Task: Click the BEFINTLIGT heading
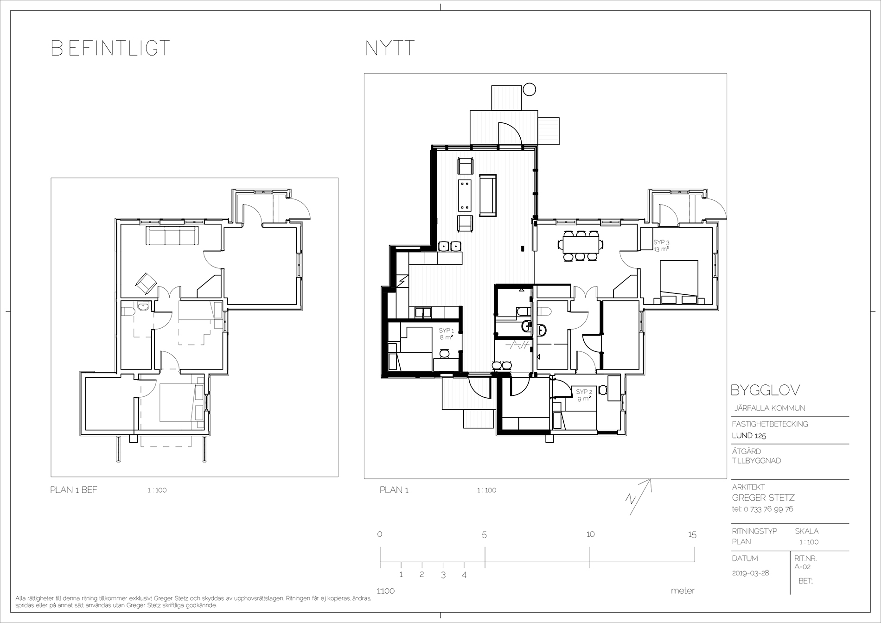110,48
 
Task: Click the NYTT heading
390,48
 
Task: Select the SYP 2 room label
584,395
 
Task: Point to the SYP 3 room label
662,246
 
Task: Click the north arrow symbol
639,496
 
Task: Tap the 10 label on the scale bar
590,534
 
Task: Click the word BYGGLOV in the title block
765,390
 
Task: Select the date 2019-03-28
750,573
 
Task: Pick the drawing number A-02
803,566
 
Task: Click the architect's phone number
762,509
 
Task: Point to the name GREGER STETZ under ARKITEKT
763,498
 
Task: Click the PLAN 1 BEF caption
74,490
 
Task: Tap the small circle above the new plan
530,89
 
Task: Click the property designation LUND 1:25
749,436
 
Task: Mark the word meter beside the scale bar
683,591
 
